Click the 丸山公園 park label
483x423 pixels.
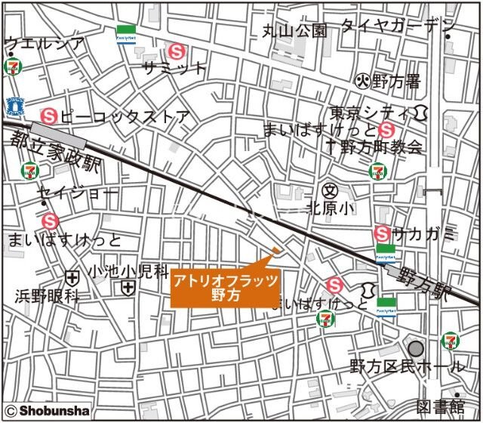[295, 30]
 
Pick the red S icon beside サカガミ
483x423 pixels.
[383, 233]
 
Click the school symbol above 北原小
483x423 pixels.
[329, 190]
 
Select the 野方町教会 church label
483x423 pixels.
[374, 147]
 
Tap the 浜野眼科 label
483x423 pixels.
[47, 297]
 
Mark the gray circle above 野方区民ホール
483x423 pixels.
[416, 349]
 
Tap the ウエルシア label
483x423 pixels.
[44, 43]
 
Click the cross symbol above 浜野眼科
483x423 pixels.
[72, 278]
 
